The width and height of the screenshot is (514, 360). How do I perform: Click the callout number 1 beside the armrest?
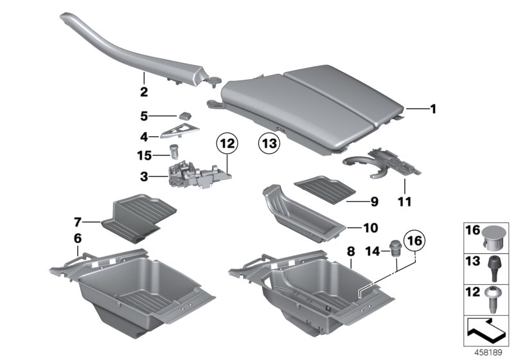tap(432, 110)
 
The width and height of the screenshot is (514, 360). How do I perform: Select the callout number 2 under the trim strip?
tap(144, 92)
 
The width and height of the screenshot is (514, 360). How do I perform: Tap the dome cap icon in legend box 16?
tap(494, 236)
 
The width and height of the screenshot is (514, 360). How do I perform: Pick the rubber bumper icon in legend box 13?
tap(493, 267)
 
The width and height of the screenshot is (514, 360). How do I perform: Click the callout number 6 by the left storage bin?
tap(78, 238)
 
